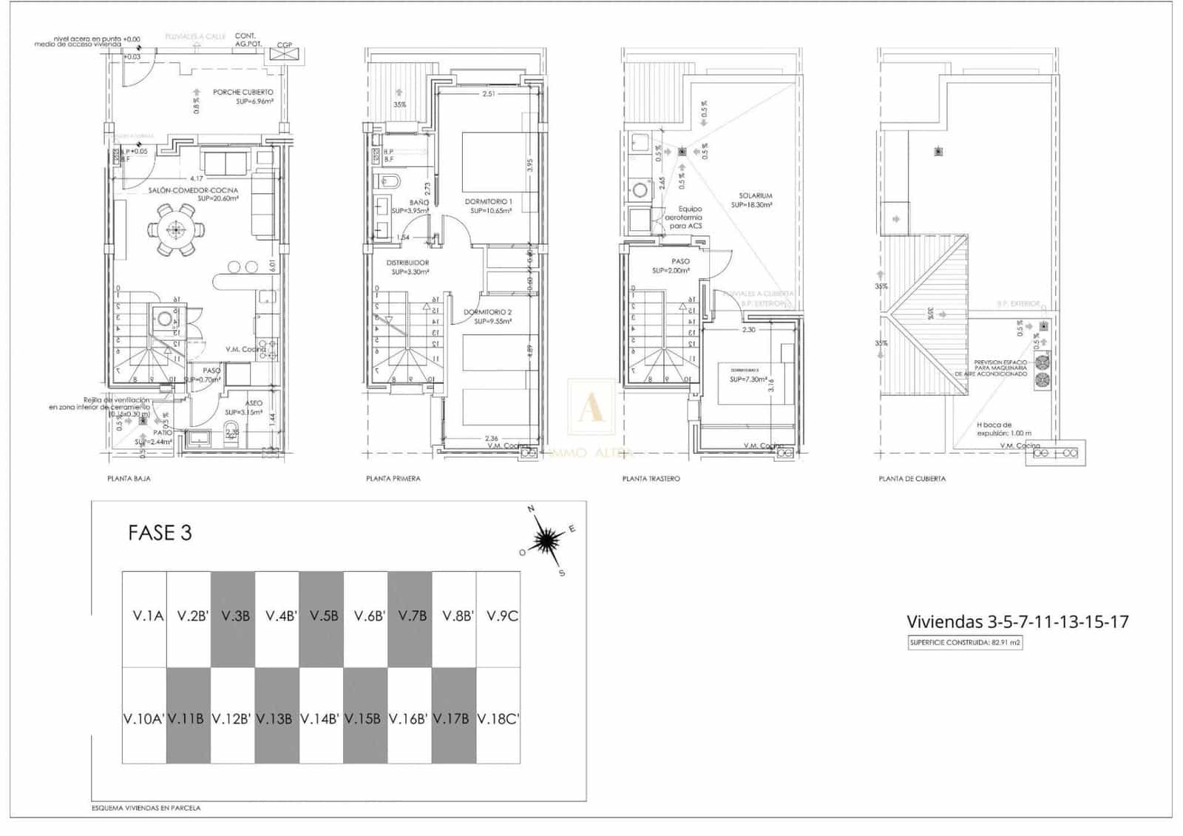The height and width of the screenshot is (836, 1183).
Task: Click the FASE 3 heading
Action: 160,533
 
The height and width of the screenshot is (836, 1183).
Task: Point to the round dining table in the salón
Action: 175,230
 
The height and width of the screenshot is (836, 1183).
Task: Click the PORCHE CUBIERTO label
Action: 243,92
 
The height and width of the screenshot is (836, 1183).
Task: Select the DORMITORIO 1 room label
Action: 488,201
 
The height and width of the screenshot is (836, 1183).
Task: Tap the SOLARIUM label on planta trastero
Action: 755,196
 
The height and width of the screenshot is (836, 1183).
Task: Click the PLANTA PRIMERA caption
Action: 393,479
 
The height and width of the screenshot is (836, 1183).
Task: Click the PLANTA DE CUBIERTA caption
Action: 912,479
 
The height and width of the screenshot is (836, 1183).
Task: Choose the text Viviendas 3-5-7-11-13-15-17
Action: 1017,621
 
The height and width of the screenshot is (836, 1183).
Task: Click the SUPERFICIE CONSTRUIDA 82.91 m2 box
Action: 965,642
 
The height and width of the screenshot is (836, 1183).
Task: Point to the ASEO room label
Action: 254,403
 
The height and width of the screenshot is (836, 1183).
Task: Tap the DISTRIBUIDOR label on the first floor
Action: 407,263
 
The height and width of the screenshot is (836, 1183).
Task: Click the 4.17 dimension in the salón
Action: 196,178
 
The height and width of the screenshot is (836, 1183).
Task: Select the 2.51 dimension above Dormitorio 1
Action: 488,94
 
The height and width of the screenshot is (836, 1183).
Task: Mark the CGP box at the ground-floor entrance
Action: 285,46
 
